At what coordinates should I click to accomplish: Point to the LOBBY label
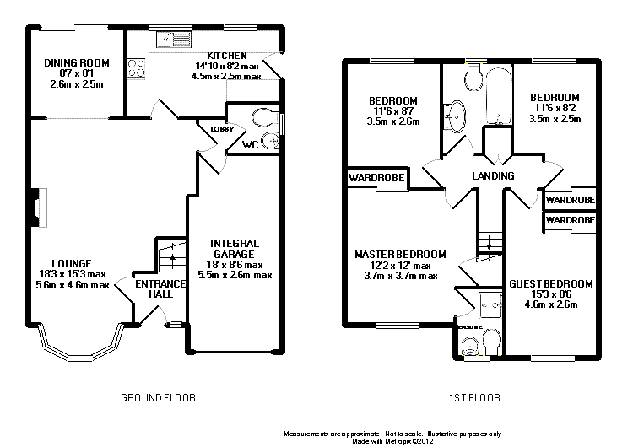coord(222,129)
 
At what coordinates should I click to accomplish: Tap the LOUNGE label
coord(71,263)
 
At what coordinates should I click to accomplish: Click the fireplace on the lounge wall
coord(37,207)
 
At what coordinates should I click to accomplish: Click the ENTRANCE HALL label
coord(154,288)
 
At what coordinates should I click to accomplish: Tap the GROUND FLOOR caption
coord(157,396)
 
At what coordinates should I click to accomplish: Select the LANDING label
coord(494,176)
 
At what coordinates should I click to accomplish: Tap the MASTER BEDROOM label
coord(400,254)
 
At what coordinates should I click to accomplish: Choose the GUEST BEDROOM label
coord(550,283)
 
